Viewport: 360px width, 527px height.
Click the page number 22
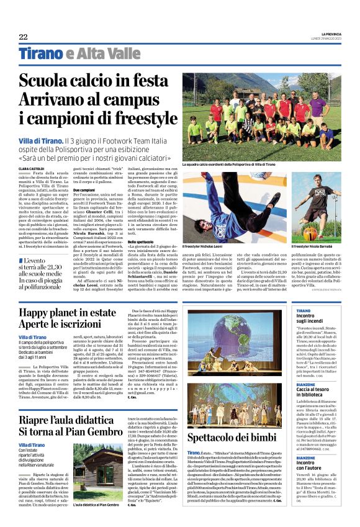click(x=23, y=37)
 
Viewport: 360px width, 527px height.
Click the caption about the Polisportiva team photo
click(x=228, y=165)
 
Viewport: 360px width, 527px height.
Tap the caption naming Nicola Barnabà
click(x=317, y=246)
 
